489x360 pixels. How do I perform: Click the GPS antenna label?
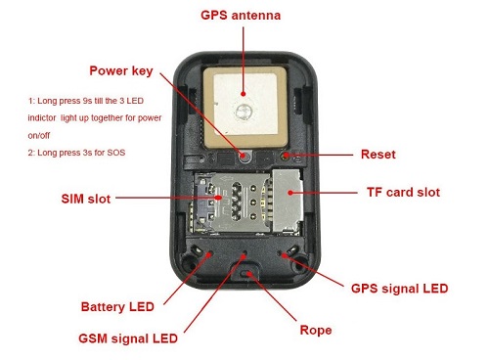point(241,16)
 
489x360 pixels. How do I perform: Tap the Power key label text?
point(121,71)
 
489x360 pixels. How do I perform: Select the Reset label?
point(378,155)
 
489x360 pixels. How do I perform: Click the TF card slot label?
point(403,192)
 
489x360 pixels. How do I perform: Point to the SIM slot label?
point(86,199)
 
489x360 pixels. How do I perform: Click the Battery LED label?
point(117,306)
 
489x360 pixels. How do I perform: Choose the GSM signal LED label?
point(128,338)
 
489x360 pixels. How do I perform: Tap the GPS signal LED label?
point(399,289)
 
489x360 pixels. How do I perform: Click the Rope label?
point(316,330)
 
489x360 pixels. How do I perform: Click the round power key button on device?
point(245,157)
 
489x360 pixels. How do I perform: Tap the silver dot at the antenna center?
point(243,111)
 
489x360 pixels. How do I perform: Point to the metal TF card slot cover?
point(288,202)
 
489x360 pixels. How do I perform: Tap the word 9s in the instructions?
point(87,101)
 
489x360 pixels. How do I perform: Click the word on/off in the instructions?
point(39,136)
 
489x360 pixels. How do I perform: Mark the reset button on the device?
point(286,156)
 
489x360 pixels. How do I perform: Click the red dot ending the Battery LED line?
point(209,253)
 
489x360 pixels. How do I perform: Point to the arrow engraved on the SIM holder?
point(228,179)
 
